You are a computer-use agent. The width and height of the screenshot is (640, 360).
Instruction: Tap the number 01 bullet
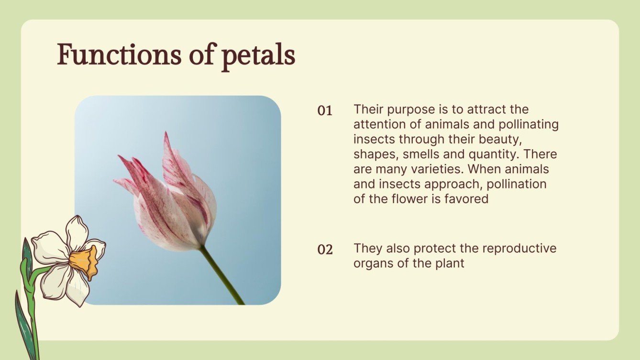325,111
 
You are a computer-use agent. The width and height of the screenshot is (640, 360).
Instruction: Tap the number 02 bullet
325,250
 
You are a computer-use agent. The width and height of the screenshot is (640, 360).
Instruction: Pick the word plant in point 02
449,263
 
